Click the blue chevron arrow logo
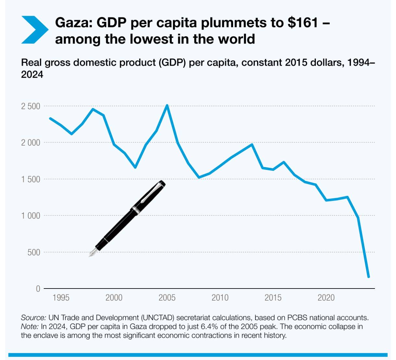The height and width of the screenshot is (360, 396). (34, 30)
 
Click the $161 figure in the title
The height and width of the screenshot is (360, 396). (302, 23)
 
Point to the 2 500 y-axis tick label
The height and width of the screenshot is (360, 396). (31, 106)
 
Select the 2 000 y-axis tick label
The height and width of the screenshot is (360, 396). (31, 143)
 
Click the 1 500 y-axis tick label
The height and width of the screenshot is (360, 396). (31, 179)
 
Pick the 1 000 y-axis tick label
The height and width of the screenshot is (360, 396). (31, 216)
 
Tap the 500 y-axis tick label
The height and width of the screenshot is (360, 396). (34, 252)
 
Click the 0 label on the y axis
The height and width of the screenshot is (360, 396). (38, 289)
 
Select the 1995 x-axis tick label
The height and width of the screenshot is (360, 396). (61, 298)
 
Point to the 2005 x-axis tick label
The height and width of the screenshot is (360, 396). (167, 298)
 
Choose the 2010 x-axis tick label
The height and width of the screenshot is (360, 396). (220, 298)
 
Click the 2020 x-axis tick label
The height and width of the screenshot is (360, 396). (326, 298)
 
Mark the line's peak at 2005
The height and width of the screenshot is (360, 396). (167, 105)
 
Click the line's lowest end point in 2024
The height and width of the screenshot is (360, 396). (368, 277)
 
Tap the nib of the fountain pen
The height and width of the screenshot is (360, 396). (92, 253)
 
